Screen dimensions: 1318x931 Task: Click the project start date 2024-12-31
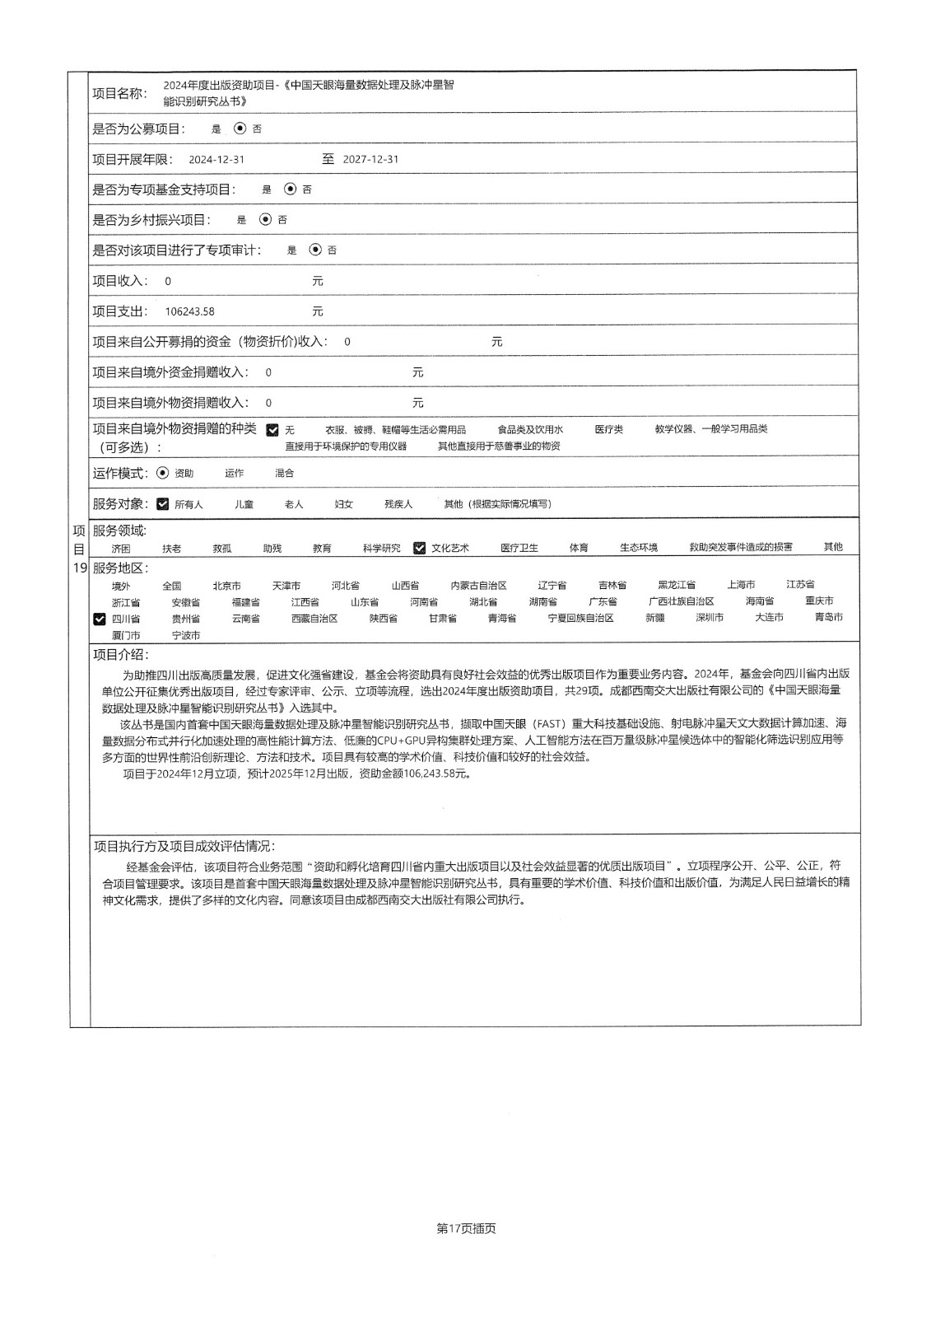pyautogui.click(x=216, y=160)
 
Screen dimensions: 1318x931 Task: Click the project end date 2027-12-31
pyautogui.click(x=370, y=160)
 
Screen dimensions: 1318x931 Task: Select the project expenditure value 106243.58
pyautogui.click(x=189, y=311)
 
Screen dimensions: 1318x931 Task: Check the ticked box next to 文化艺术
pyautogui.click(x=420, y=548)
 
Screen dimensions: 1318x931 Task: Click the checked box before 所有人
pyautogui.click(x=163, y=504)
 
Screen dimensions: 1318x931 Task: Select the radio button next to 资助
pyautogui.click(x=162, y=473)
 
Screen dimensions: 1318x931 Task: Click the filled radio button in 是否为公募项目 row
pyautogui.click(x=240, y=129)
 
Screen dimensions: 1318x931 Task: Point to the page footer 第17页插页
pyautogui.click(x=466, y=1228)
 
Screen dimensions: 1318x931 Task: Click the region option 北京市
pyautogui.click(x=226, y=586)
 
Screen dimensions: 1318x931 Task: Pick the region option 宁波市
pyautogui.click(x=186, y=636)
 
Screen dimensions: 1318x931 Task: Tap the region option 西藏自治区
pyautogui.click(x=314, y=619)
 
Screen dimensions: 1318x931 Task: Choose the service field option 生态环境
pyautogui.click(x=639, y=548)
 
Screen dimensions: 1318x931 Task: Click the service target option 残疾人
pyautogui.click(x=398, y=504)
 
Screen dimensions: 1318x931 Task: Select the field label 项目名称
pyautogui.click(x=119, y=94)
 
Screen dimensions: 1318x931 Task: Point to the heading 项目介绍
pyautogui.click(x=121, y=655)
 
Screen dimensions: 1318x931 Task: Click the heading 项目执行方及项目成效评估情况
pyautogui.click(x=184, y=846)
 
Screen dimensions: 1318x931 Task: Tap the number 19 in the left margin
pyautogui.click(x=80, y=568)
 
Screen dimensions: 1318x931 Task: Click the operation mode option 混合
pyautogui.click(x=284, y=474)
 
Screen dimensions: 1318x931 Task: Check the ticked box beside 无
pyautogui.click(x=272, y=430)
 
